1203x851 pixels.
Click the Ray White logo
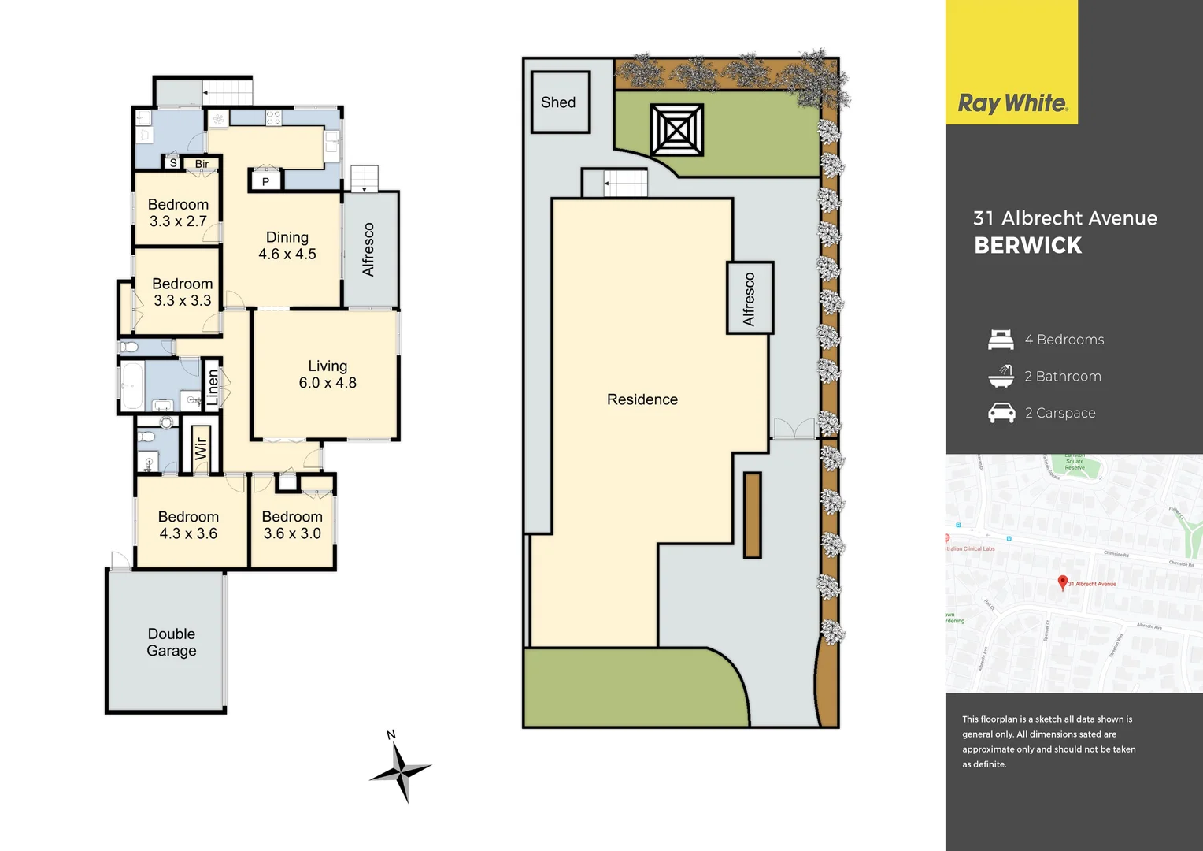pos(1012,103)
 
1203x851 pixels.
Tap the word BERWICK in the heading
pos(1027,246)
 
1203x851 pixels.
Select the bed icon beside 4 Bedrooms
pos(1001,340)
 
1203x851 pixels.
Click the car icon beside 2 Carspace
pos(1001,413)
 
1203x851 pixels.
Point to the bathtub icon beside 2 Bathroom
pos(1001,376)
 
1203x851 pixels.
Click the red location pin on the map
pos(1062,582)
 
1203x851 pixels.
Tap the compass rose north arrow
pos(401,769)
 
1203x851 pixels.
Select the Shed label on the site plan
pos(558,102)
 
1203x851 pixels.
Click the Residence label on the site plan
pos(642,399)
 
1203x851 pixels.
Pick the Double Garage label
pos(172,642)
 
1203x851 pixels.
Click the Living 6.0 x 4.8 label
pos(328,374)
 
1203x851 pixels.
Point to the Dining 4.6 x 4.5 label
pos(287,246)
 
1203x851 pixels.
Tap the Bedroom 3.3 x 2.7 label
pos(178,213)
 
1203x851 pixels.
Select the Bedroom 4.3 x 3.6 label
pos(188,525)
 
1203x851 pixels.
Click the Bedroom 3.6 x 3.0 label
pos(292,525)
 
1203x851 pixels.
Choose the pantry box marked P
pos(266,182)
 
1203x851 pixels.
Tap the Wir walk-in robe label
pos(201,448)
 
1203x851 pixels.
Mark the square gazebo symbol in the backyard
pos(676,130)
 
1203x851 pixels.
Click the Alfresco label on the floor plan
pos(368,250)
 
